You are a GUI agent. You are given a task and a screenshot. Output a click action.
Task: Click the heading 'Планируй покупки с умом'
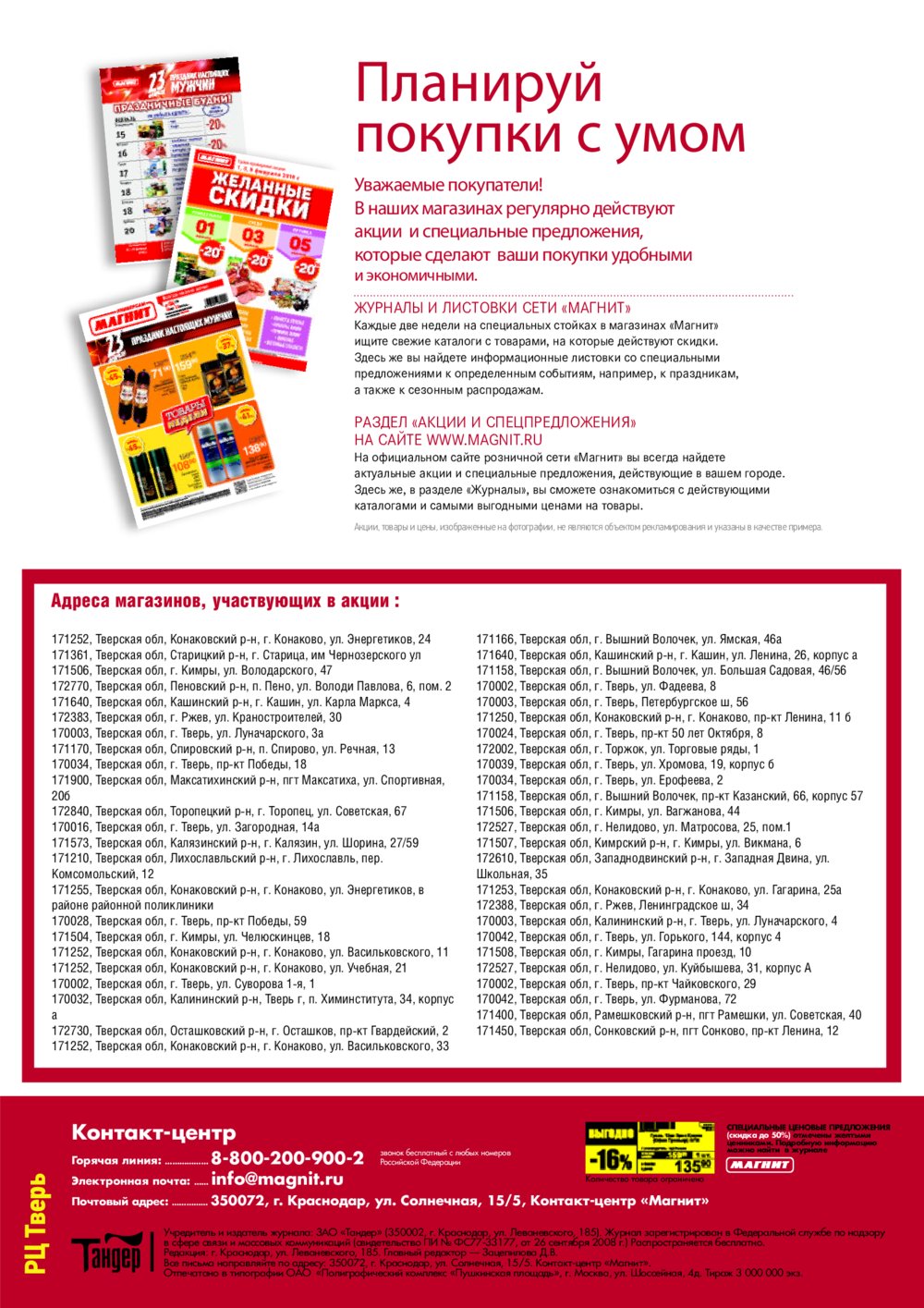[x=549, y=109]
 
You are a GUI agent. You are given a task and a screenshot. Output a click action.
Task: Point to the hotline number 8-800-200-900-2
[x=286, y=1158]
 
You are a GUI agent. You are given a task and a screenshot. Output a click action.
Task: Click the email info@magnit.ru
[x=276, y=1180]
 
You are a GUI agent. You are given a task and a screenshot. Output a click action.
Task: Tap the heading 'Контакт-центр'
[x=153, y=1132]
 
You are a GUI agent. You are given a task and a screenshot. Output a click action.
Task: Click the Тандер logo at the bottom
[x=107, y=1253]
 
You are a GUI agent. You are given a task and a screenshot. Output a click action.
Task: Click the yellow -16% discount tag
[x=611, y=1159]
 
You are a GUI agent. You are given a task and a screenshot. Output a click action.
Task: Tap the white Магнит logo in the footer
[x=760, y=1165]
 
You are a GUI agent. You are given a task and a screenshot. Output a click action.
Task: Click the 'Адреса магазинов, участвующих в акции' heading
[x=225, y=601]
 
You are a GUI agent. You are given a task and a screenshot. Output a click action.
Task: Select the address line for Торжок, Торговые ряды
[x=617, y=749]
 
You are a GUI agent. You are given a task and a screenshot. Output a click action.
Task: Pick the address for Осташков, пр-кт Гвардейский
[x=249, y=1031]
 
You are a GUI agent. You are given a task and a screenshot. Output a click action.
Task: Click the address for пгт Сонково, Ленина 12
[x=657, y=1031]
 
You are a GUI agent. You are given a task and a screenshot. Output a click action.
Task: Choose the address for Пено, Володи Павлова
[x=251, y=687]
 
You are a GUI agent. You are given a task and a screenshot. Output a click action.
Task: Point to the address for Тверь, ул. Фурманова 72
[x=606, y=999]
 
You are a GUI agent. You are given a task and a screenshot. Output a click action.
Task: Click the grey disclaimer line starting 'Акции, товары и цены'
[x=587, y=527]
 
